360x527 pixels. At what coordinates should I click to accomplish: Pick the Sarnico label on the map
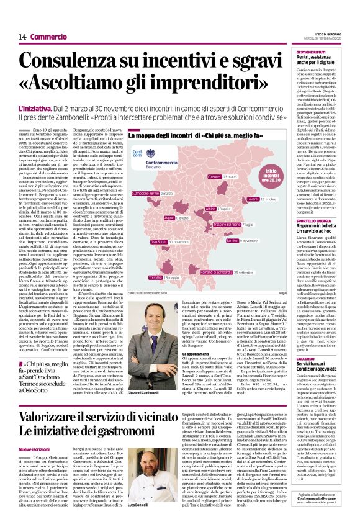233,240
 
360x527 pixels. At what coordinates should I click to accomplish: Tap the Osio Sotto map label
158,241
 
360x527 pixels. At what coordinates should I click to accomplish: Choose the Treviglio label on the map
155,259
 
